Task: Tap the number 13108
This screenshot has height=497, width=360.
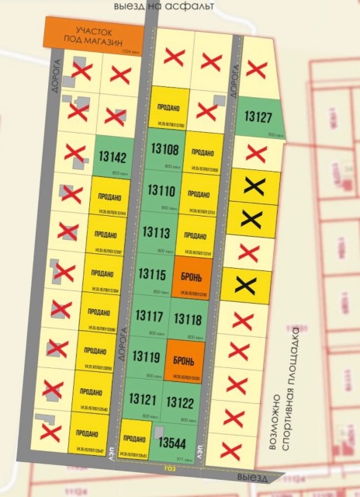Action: point(164,150)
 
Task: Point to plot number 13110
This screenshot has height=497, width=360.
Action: point(161,191)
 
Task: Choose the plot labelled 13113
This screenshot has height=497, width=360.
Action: point(157,232)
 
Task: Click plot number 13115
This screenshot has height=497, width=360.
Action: point(151,274)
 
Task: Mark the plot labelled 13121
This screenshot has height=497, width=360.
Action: point(142,400)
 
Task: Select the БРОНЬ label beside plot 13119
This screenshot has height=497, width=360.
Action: point(186,360)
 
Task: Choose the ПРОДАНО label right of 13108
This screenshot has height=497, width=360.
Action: point(202,153)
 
